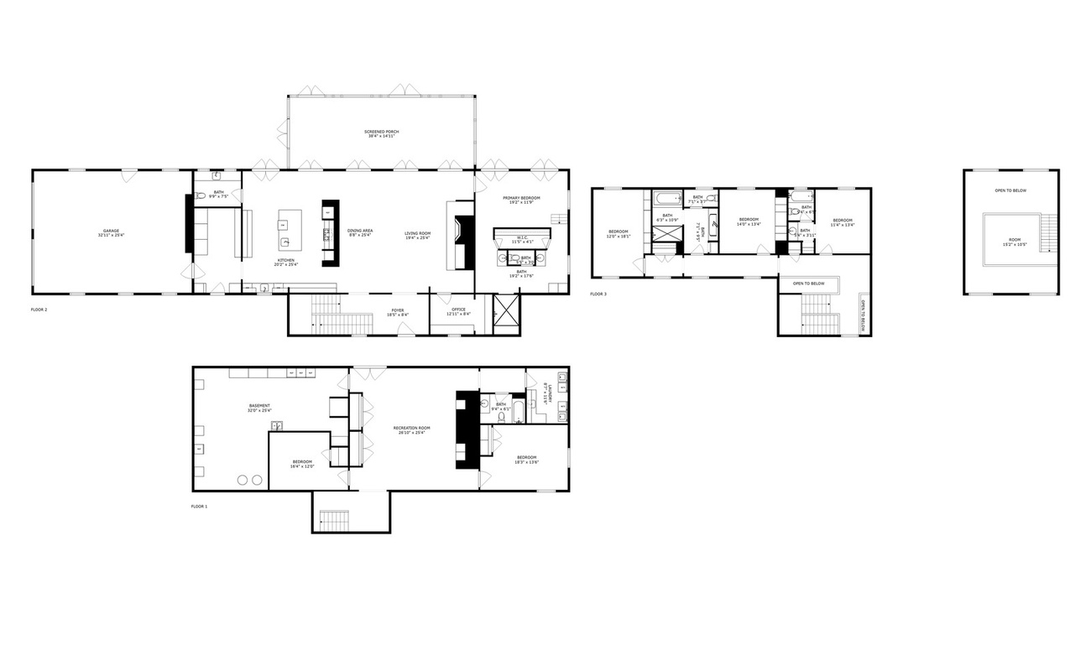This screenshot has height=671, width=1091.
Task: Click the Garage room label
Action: click(x=111, y=231)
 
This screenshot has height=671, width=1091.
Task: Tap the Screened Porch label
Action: click(x=381, y=132)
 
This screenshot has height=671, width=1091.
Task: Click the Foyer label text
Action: click(x=397, y=310)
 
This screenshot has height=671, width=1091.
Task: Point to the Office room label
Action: click(x=458, y=309)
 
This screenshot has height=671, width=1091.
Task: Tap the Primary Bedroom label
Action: click(x=521, y=198)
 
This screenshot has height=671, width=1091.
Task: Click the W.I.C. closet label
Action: click(x=522, y=238)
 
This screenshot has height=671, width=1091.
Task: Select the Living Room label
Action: click(x=417, y=233)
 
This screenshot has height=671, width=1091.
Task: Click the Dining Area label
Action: click(x=360, y=231)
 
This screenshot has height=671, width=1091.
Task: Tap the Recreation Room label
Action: click(x=411, y=429)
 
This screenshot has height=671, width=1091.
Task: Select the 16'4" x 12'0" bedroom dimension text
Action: click(x=302, y=466)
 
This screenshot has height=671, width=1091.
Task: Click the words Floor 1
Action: click(x=199, y=507)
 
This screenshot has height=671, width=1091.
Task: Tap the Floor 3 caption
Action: click(x=598, y=294)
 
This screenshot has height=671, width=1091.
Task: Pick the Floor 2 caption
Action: click(x=39, y=309)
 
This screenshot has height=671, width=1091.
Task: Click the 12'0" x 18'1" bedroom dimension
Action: click(x=619, y=237)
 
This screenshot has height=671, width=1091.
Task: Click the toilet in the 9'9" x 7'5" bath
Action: click(x=200, y=196)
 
